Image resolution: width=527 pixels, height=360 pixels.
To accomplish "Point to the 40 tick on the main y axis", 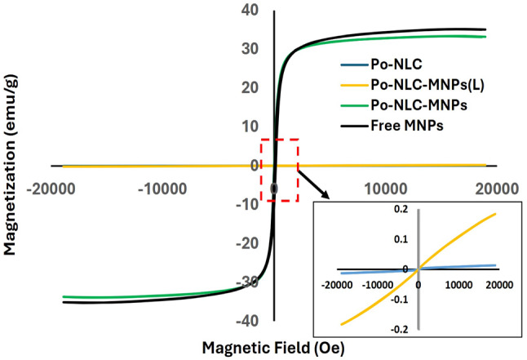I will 250,11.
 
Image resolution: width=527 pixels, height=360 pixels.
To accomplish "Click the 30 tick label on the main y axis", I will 250,49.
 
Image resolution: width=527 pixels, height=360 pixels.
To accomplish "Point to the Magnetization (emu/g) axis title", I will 12,163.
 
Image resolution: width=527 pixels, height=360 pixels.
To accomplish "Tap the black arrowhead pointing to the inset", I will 329,196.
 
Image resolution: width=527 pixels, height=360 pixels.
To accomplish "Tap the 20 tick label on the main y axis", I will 250,87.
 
